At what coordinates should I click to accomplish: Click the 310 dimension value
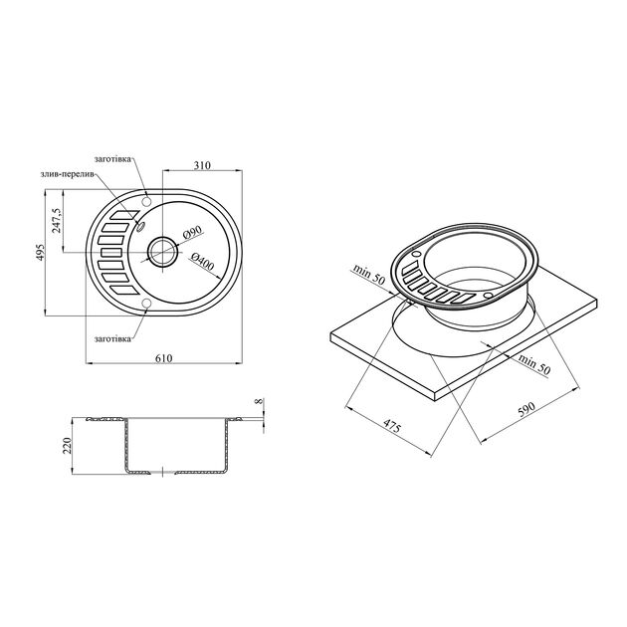[x=202, y=165]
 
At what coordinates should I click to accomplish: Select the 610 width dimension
[x=163, y=358]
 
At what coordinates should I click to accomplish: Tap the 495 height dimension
[x=40, y=253]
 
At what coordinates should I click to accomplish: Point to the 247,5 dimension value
[x=57, y=220]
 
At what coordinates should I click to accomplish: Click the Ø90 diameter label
[x=192, y=233]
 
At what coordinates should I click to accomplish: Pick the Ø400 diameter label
[x=202, y=261]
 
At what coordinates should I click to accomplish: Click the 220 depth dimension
[x=67, y=446]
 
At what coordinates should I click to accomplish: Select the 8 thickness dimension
[x=259, y=400]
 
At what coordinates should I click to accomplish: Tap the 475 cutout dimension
[x=391, y=427]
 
